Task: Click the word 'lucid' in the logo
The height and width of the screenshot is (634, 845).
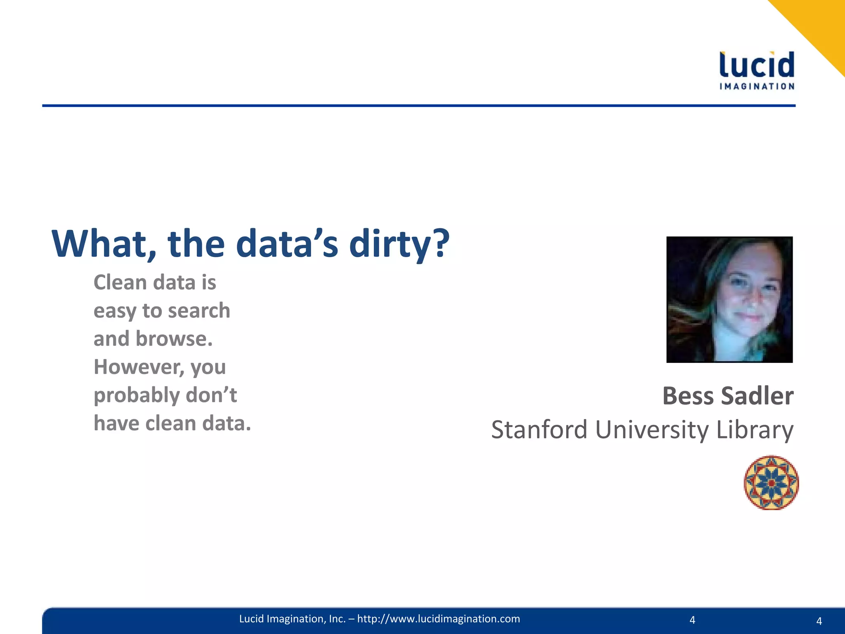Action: click(x=757, y=65)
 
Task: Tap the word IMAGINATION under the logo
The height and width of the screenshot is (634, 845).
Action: click(x=757, y=86)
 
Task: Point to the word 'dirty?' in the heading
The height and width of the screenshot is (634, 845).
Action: click(x=399, y=244)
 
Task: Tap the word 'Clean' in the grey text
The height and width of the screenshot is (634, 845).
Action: click(x=120, y=283)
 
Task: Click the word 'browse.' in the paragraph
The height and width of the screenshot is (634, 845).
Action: click(x=174, y=339)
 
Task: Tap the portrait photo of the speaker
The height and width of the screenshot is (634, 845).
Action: click(x=729, y=300)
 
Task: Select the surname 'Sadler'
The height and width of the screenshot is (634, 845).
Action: click(x=757, y=396)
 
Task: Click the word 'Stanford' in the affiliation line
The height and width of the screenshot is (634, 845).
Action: click(x=539, y=430)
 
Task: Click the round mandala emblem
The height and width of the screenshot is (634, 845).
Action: click(x=771, y=483)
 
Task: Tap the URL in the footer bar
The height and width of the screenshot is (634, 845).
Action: click(x=439, y=619)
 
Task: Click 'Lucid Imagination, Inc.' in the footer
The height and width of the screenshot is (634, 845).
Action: click(x=292, y=619)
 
